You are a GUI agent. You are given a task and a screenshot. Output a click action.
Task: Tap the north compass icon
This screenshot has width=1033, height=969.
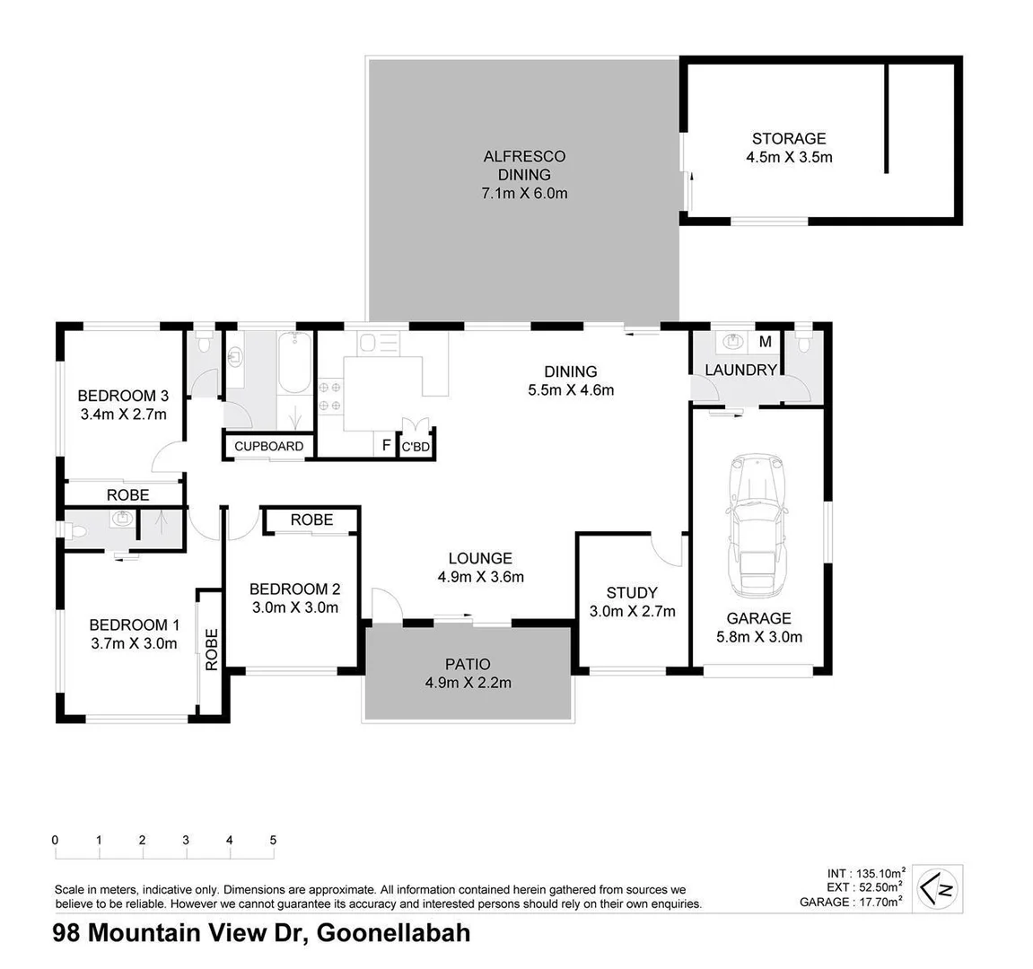(x=938, y=889)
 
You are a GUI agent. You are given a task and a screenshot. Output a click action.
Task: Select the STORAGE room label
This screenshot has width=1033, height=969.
(x=788, y=138)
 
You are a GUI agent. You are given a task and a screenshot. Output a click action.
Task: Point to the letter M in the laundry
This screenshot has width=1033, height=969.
(x=765, y=342)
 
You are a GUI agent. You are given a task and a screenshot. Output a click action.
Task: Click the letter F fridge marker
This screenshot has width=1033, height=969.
(x=386, y=446)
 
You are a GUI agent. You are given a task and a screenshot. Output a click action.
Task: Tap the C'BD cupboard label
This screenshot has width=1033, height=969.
(x=416, y=447)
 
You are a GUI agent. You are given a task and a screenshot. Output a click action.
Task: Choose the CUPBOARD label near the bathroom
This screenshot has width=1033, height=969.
(x=268, y=446)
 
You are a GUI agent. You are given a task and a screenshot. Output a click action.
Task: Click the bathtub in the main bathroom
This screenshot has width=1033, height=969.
(x=295, y=362)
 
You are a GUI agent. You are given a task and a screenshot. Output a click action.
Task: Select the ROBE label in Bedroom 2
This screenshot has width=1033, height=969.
(x=311, y=519)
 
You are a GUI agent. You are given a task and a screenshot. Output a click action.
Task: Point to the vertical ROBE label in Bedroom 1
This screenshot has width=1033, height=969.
(x=211, y=650)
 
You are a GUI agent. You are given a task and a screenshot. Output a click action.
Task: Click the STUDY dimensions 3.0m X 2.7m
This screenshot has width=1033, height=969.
(x=632, y=611)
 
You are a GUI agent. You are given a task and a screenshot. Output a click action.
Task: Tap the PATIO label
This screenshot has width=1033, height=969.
(x=468, y=664)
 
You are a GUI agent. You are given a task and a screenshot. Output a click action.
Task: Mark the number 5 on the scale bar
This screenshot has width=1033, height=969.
(x=273, y=841)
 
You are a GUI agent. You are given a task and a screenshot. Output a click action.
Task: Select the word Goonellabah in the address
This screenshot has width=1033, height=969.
(x=394, y=933)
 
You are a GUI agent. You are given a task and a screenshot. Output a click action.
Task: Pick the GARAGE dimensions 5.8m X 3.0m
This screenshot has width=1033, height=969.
(x=758, y=637)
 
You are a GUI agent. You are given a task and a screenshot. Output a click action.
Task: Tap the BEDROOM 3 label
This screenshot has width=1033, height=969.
(x=123, y=396)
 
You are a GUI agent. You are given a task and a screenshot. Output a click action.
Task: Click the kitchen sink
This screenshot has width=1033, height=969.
(x=369, y=342)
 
